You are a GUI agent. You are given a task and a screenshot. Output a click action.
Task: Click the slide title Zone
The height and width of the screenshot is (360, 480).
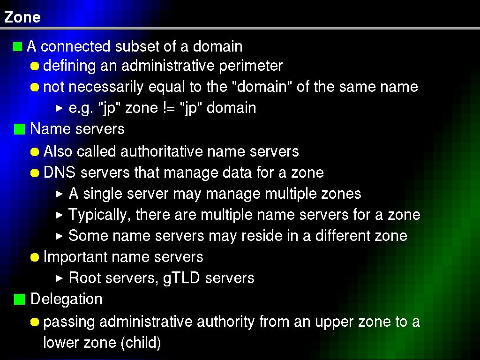(x=22, y=17)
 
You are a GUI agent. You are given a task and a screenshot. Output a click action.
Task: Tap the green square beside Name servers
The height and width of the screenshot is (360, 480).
(x=19, y=129)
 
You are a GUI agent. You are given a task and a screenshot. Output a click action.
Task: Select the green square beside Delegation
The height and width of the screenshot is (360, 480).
(x=19, y=300)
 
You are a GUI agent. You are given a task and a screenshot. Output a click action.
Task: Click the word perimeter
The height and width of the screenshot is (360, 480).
(x=251, y=66)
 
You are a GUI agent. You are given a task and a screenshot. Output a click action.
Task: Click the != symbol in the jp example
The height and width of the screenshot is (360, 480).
(x=169, y=108)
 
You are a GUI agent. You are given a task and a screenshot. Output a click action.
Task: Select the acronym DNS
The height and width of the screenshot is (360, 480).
(x=60, y=172)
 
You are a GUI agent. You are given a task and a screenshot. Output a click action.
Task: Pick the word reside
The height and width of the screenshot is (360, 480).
(x=262, y=236)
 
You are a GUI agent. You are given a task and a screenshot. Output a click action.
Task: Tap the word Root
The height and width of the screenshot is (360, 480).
(x=81, y=278)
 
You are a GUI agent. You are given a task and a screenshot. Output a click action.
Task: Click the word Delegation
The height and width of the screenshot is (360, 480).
(x=67, y=300)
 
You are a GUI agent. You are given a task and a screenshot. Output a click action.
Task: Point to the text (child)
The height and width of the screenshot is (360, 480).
(x=141, y=343)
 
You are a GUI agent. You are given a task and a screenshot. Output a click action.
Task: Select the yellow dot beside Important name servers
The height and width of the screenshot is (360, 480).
(x=35, y=257)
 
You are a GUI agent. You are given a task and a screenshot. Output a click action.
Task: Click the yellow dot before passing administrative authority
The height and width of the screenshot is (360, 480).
(x=35, y=322)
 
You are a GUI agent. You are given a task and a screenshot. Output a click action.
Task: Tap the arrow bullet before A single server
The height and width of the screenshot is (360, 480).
(x=60, y=194)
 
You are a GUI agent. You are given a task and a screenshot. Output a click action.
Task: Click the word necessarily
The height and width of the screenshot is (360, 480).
(x=105, y=87)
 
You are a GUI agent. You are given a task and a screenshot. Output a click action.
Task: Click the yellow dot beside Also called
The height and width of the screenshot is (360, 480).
(x=35, y=152)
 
